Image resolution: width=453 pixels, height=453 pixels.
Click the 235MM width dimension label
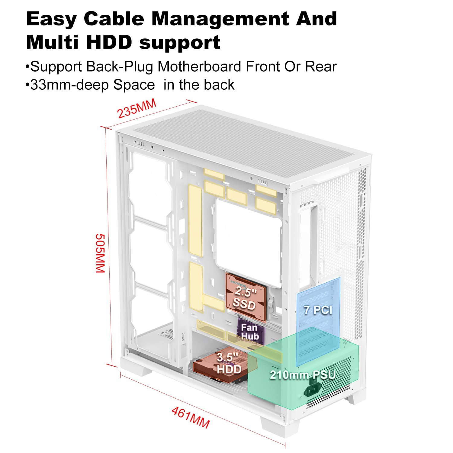coord(137,108)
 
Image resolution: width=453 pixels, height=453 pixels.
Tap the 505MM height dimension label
coord(100,253)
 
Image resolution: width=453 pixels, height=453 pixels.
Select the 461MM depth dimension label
coord(190,418)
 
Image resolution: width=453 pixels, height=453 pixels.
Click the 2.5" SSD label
coord(245,297)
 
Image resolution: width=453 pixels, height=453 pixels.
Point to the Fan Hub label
coord(250,332)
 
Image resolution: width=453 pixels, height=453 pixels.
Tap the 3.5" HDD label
coord(229,363)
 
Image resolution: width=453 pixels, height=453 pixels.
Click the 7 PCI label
coord(318,310)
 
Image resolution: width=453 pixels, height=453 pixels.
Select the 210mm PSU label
coord(303,375)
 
